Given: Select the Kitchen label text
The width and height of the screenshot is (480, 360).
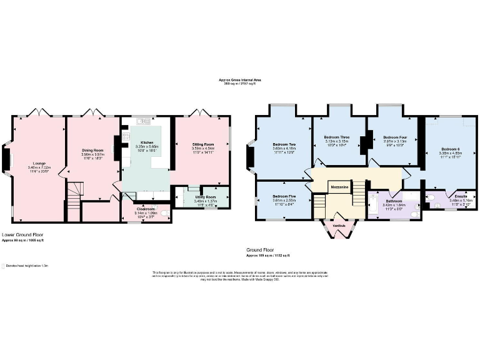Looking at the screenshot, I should [147, 142].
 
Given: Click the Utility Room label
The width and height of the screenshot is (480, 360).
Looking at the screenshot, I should [205, 196].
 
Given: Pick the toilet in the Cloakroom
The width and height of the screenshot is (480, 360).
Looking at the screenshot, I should [165, 214].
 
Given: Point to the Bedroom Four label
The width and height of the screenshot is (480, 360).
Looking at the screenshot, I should [395, 137].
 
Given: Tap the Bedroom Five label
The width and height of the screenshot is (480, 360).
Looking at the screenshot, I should [284, 196].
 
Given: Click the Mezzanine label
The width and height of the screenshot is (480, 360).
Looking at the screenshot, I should [339, 186].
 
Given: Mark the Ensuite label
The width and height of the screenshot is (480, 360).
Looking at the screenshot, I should [462, 196].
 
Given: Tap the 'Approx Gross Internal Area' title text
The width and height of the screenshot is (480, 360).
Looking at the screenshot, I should [239, 80].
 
